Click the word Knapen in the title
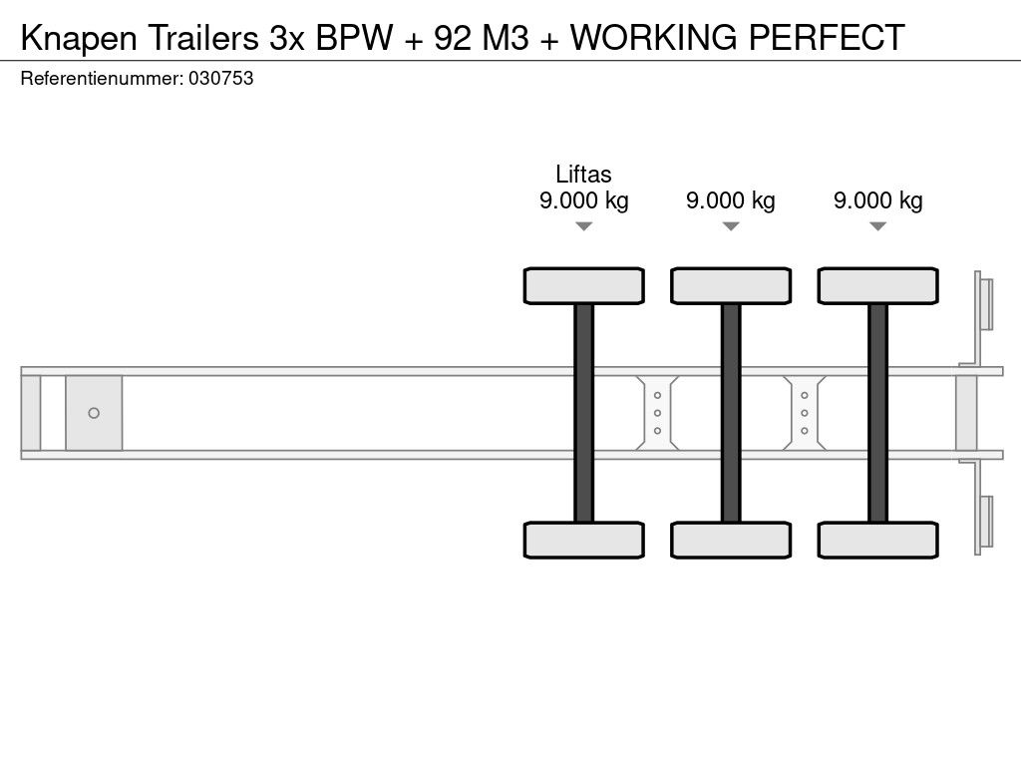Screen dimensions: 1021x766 click(x=79, y=38)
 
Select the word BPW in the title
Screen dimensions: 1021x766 click(x=354, y=37)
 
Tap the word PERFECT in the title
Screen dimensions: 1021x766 click(x=827, y=37)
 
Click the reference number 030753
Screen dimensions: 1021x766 click(x=220, y=78)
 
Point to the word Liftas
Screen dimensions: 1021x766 click(x=583, y=174)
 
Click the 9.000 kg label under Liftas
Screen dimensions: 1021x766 click(x=583, y=199)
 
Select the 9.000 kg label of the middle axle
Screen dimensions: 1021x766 click(x=731, y=199)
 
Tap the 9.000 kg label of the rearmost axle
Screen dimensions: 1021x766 click(x=877, y=199)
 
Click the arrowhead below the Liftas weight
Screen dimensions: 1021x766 click(x=584, y=226)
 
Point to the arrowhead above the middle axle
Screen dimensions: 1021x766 click(x=731, y=226)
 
